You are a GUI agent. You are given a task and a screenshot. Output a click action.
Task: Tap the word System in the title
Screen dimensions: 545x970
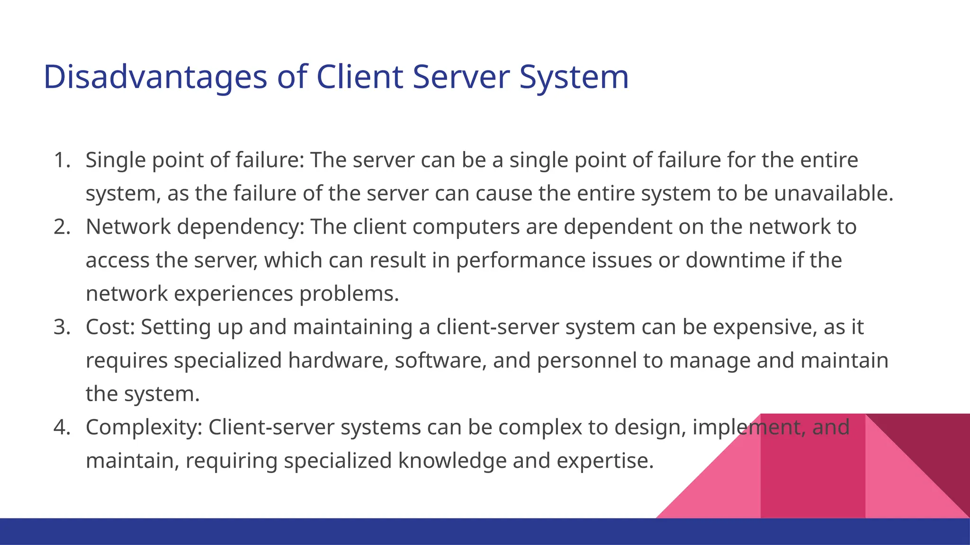[x=574, y=77]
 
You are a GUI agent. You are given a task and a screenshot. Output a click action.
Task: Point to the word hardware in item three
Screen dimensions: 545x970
[x=338, y=360]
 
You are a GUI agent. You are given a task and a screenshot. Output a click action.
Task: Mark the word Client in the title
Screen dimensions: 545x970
[x=359, y=77]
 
